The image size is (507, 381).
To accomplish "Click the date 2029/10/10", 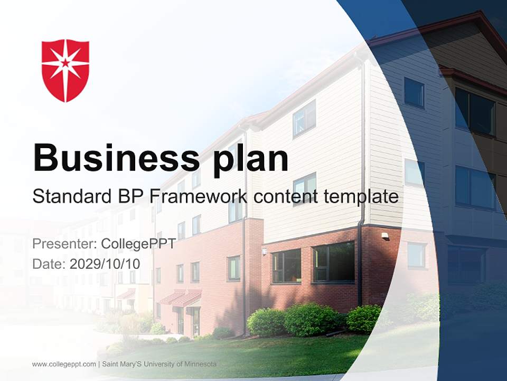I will pyautogui.click(x=105, y=264).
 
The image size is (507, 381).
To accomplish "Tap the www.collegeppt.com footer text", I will pyautogui.click(x=64, y=364).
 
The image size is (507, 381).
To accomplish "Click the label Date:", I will pyautogui.click(x=49, y=264).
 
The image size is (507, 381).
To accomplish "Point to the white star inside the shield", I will pyautogui.click(x=65, y=63).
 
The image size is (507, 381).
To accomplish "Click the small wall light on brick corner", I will pyautogui.click(x=384, y=235).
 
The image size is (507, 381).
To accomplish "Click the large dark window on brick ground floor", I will pyautogui.click(x=333, y=262).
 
